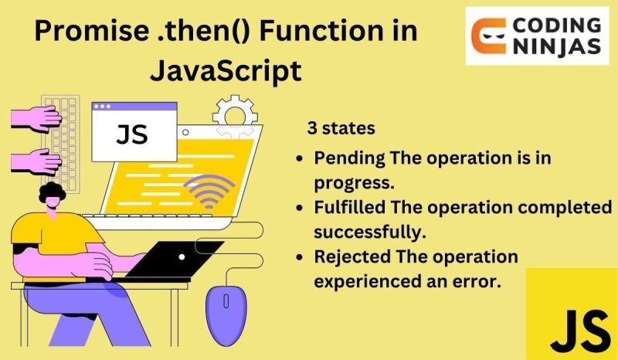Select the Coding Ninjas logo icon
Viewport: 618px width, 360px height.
[491, 36]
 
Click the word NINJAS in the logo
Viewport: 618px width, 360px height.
[556, 47]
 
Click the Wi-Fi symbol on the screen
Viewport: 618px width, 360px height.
[210, 191]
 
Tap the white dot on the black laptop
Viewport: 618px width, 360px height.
[182, 256]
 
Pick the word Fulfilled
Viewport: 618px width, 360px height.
[347, 208]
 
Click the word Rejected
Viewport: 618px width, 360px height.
[348, 256]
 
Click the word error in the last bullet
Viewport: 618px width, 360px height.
[479, 281]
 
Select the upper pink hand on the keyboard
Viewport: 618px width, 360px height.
[35, 118]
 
